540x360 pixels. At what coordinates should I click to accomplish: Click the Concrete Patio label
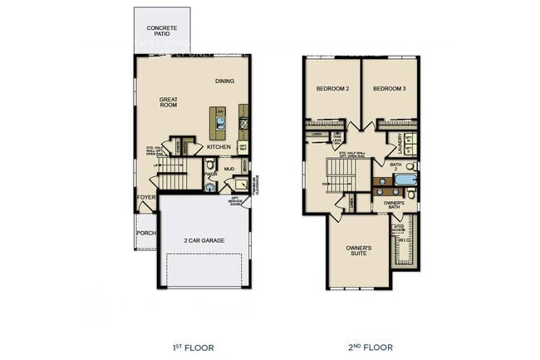point(161,30)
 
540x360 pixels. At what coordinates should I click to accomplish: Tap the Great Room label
point(169,102)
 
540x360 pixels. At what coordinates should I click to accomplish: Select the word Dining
point(224,81)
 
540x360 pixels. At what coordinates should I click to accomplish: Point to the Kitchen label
point(218,147)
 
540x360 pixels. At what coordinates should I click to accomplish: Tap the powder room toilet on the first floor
point(209,188)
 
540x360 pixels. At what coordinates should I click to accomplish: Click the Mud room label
point(229,169)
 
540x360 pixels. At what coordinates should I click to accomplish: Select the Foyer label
point(146,198)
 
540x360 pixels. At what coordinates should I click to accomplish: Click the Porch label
point(146,234)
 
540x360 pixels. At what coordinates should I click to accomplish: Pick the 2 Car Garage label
point(203,241)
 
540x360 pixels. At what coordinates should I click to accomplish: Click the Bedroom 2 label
point(332,88)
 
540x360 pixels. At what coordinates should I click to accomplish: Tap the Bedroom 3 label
point(389,88)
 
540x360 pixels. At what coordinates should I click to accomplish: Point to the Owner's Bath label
point(394,204)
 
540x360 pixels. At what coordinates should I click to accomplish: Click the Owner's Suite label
point(359,251)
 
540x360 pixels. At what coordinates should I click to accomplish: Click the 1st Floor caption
point(192,347)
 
